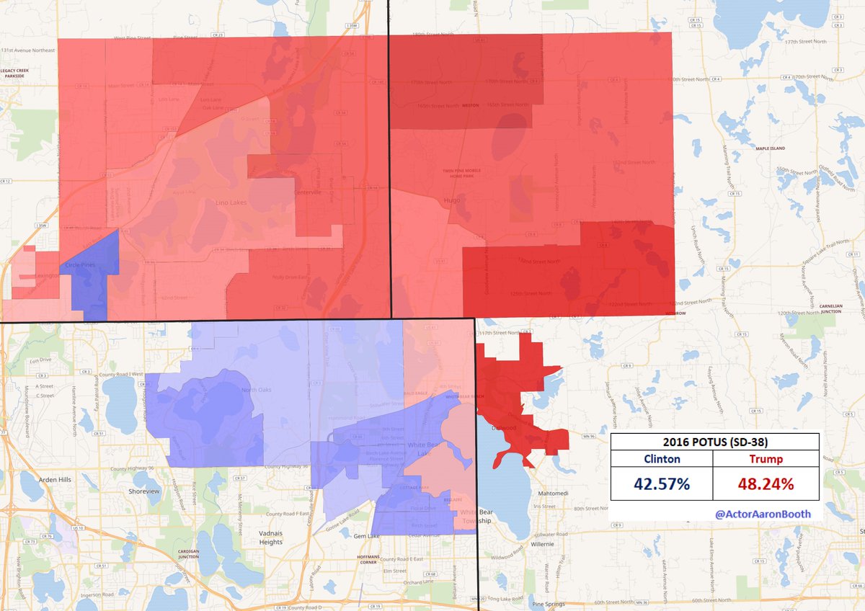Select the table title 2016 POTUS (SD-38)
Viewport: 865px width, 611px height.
[714, 442]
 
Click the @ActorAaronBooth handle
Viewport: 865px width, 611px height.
[763, 514]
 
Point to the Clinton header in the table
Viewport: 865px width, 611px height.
[661, 459]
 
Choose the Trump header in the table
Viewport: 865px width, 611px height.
[766, 459]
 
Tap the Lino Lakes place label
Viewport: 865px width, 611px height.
[231, 203]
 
